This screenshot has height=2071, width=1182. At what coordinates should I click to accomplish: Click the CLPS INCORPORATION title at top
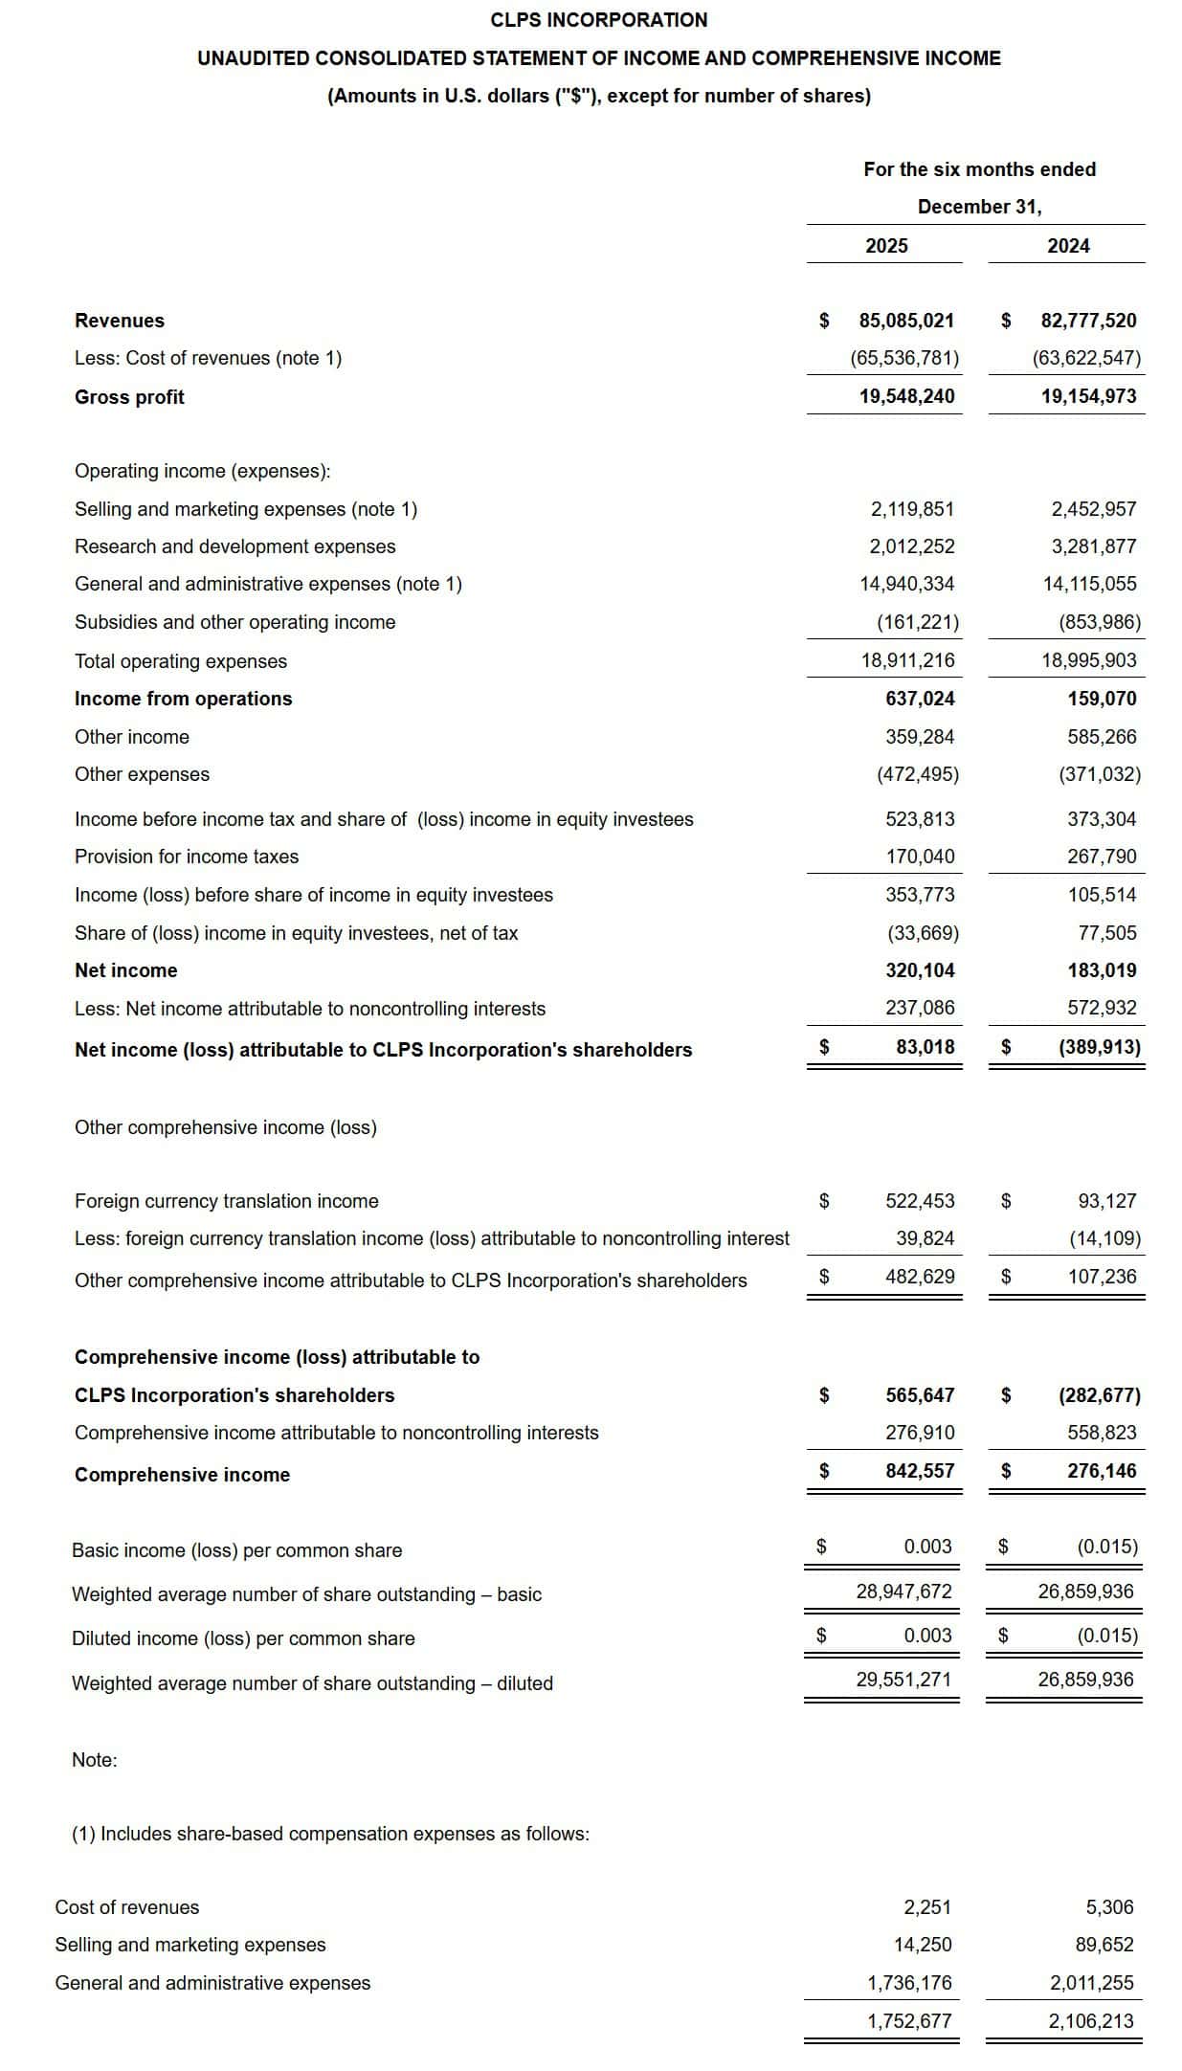pos(598,20)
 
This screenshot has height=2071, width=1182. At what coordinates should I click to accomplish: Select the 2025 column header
pos(886,246)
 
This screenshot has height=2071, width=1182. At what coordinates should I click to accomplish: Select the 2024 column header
pos(1068,246)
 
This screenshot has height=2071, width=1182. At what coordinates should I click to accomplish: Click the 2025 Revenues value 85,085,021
pos(906,321)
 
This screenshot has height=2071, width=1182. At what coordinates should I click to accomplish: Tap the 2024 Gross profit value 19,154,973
pos(1088,396)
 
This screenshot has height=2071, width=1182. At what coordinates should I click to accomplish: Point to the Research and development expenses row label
pos(234,546)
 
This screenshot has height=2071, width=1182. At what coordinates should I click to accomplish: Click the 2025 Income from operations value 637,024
pos(920,699)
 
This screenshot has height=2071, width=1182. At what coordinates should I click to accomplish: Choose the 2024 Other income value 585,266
pos(1102,737)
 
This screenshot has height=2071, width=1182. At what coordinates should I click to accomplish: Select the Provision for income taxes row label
pos(187,857)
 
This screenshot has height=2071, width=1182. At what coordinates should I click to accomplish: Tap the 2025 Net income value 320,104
pos(920,970)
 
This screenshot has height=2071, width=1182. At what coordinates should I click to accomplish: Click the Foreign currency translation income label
pos(226,1201)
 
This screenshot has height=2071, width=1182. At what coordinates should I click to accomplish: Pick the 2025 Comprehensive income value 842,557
pos(920,1471)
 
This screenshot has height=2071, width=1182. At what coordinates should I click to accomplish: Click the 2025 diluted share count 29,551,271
pos(903,1680)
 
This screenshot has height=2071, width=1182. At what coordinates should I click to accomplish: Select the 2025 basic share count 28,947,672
pos(903,1592)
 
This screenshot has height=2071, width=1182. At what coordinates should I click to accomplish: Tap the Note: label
pos(95,1760)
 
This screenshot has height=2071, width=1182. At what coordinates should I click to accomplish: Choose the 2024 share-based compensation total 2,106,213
pos(1090,2021)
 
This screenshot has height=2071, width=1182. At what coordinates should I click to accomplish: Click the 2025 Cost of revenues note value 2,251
pos(927,1907)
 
